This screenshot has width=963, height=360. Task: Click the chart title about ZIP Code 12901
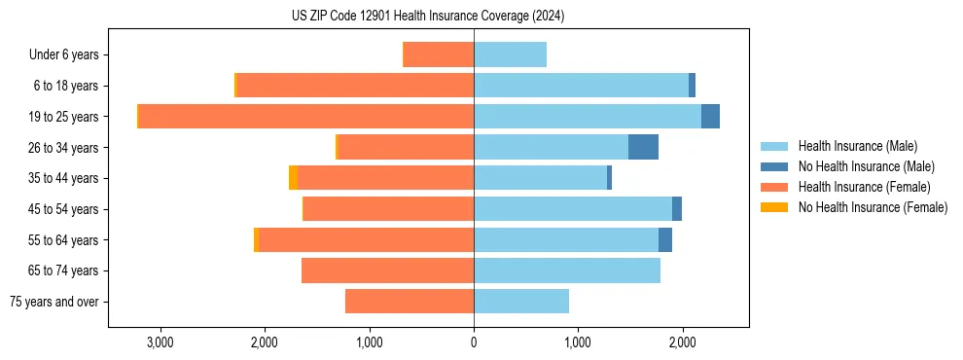tap(427, 17)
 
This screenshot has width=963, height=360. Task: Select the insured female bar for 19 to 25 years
tap(306, 117)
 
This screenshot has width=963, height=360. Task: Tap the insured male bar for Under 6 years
tap(510, 55)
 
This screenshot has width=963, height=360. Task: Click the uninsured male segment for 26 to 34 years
tap(643, 147)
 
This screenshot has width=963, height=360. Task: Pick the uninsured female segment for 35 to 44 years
tap(293, 178)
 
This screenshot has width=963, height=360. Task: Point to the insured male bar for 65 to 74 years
tap(567, 270)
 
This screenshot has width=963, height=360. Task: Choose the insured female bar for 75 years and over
tap(410, 302)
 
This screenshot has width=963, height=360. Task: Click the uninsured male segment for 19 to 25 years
tap(710, 117)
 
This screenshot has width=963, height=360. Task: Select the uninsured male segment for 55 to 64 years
tap(665, 239)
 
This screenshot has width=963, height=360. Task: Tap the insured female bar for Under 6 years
tap(438, 55)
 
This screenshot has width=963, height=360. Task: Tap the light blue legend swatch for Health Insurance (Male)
tap(774, 146)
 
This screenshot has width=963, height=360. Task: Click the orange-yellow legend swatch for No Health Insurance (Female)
tap(774, 207)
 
